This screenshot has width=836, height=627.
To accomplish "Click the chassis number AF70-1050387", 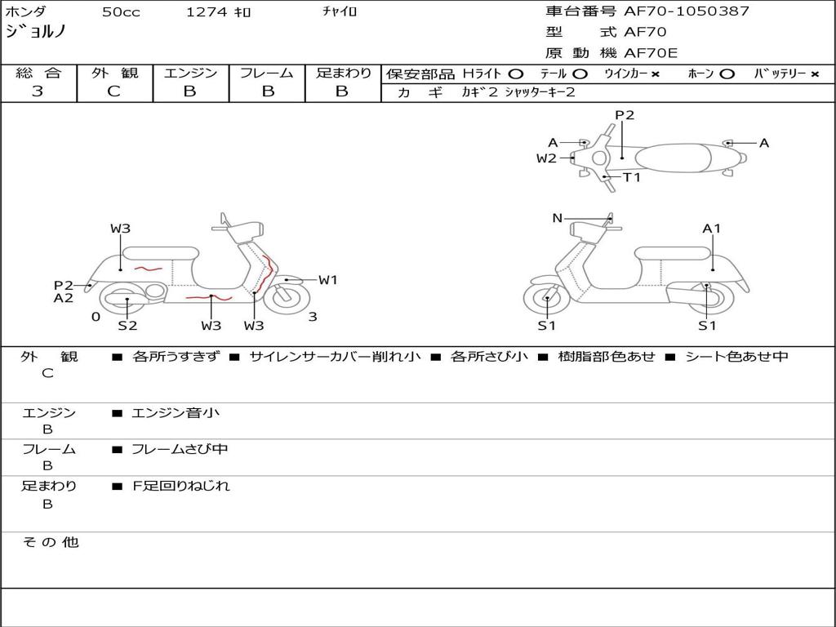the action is point(686,11).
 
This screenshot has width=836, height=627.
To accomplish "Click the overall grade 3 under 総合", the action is point(38,91).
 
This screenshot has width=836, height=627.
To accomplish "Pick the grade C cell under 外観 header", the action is point(113,91).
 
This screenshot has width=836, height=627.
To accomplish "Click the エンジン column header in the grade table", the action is point(190,73).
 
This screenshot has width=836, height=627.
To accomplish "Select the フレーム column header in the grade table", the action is point(266,73).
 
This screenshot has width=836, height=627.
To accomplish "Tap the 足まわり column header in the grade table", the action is point(343,73).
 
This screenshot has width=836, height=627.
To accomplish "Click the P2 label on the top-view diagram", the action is point(625,115).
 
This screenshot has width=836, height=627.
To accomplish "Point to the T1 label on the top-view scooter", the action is point(632,177).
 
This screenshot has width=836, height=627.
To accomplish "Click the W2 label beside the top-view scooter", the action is point(546,158).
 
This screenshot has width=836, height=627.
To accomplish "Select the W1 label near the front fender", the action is point(328,280).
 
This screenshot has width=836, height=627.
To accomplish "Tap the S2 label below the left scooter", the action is point(127,326).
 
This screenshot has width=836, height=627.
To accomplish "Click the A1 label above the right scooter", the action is point(712,229).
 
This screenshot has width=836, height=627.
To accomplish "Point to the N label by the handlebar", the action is point(558,218).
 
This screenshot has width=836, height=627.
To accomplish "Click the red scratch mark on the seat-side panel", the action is point(148,268).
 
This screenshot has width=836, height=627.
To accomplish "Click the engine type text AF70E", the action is point(651,53).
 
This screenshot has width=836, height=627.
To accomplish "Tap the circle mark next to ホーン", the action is point(727,73).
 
